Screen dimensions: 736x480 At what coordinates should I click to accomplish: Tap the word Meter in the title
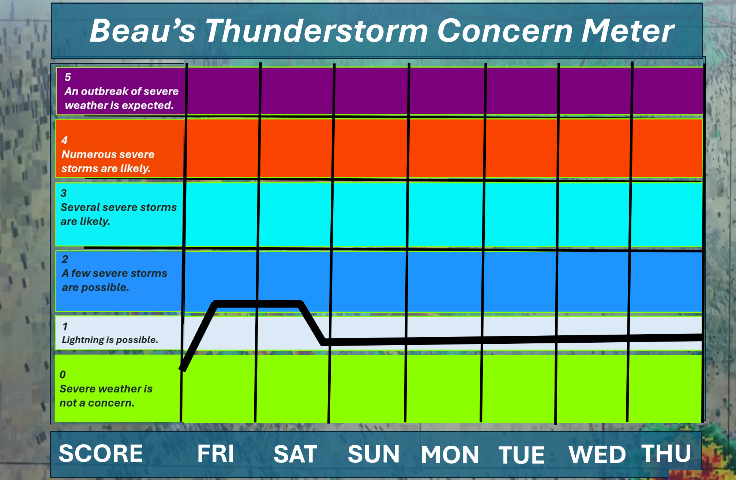[628, 31]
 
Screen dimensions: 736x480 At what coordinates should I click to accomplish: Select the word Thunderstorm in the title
[317, 31]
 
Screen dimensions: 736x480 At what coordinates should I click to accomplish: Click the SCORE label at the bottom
[101, 453]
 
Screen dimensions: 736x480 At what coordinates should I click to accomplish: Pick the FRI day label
[215, 453]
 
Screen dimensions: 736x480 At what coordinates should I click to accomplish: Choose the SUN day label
[373, 454]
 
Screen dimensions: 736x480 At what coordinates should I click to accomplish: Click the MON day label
[450, 455]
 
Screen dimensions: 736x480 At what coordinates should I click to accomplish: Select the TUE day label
[522, 455]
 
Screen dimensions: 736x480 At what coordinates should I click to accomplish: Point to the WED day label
[597, 454]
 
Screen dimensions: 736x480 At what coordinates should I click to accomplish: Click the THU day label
[666, 453]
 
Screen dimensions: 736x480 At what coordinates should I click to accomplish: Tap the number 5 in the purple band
[68, 77]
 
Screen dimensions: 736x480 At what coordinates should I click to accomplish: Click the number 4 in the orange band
[64, 140]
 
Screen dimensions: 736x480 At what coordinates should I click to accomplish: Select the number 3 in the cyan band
[64, 193]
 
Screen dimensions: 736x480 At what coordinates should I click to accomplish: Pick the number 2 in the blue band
[65, 259]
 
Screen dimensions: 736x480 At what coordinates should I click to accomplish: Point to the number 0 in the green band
[63, 375]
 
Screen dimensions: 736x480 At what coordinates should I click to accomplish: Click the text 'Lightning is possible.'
[110, 340]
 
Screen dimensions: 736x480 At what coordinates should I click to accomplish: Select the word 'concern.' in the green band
[111, 403]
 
